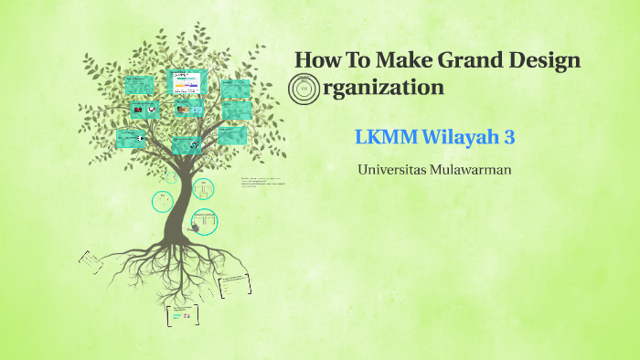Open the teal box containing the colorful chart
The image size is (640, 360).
(x=187, y=82)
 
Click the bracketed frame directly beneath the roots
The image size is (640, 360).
(x=183, y=314)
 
